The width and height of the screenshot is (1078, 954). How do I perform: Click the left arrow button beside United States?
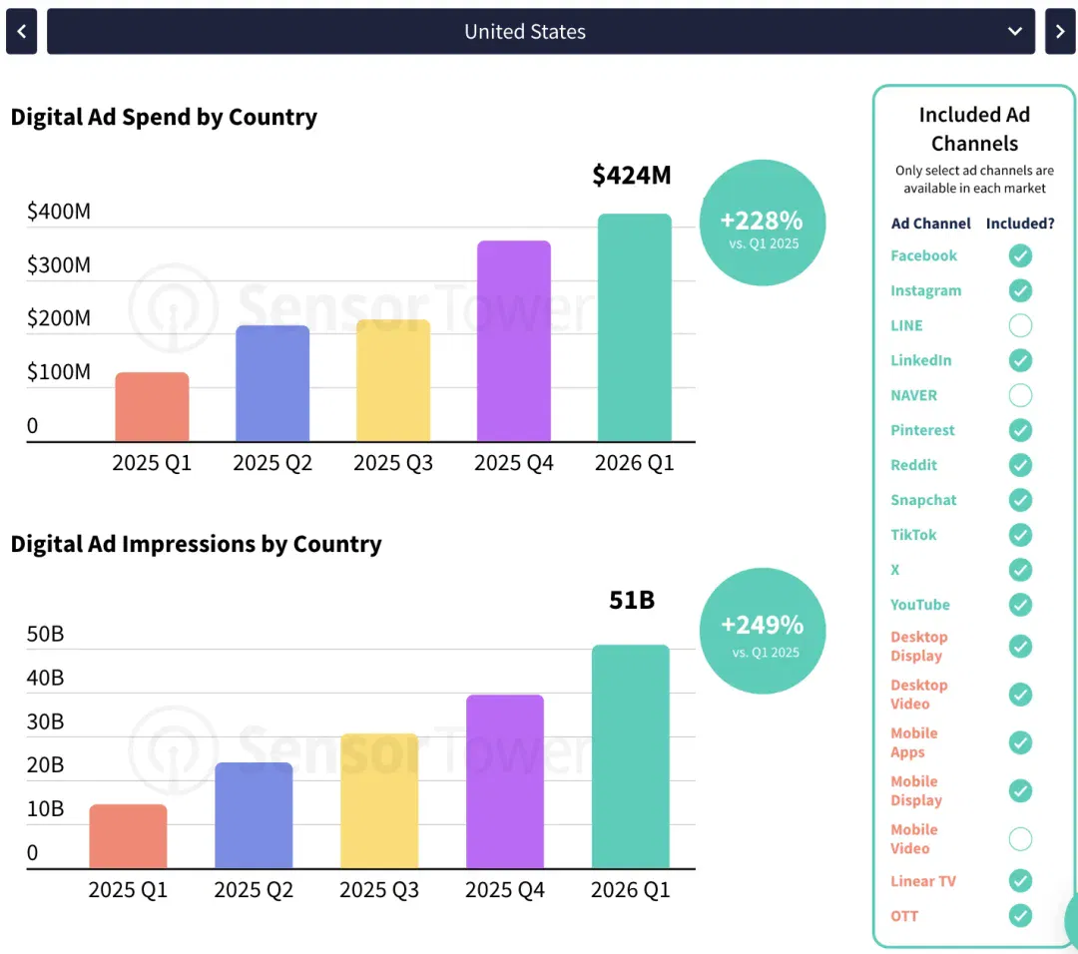(21, 31)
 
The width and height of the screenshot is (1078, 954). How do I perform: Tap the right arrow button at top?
(1059, 31)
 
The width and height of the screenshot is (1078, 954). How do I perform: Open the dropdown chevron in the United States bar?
(1014, 31)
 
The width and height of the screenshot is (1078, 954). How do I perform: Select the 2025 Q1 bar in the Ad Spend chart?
(152, 406)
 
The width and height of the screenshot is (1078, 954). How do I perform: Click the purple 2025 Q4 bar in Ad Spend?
(514, 340)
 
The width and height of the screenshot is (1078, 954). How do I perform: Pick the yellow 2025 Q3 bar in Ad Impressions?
(379, 800)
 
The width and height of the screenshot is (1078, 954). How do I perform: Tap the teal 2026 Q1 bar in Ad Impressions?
(631, 756)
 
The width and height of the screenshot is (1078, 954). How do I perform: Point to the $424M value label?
(631, 176)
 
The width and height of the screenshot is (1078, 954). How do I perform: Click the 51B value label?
(632, 600)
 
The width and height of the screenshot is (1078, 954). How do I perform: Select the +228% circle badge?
(763, 223)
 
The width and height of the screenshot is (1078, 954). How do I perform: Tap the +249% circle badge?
(763, 631)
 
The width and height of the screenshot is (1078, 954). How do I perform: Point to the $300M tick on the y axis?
(59, 264)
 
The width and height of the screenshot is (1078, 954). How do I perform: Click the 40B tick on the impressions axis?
(45, 678)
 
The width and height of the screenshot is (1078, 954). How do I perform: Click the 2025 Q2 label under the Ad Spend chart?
(272, 463)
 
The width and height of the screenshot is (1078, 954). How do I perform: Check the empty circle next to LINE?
(1020, 325)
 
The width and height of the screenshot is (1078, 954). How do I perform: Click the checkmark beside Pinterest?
(1020, 429)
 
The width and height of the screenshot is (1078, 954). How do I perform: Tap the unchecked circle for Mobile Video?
(1020, 838)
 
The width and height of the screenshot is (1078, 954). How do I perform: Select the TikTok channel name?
(913, 535)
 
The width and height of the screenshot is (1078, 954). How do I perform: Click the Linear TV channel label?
(922, 881)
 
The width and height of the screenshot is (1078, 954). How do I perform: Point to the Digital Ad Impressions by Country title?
(196, 544)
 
